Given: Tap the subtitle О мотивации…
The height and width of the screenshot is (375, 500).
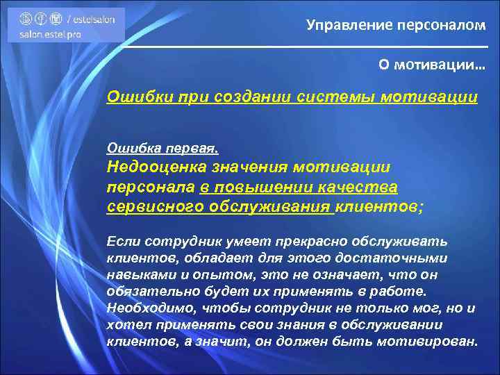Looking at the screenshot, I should tap(432, 65).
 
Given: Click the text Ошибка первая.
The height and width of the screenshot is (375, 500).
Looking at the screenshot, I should tap(162, 148).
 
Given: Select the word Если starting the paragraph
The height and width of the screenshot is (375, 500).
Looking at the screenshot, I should tap(122, 242).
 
